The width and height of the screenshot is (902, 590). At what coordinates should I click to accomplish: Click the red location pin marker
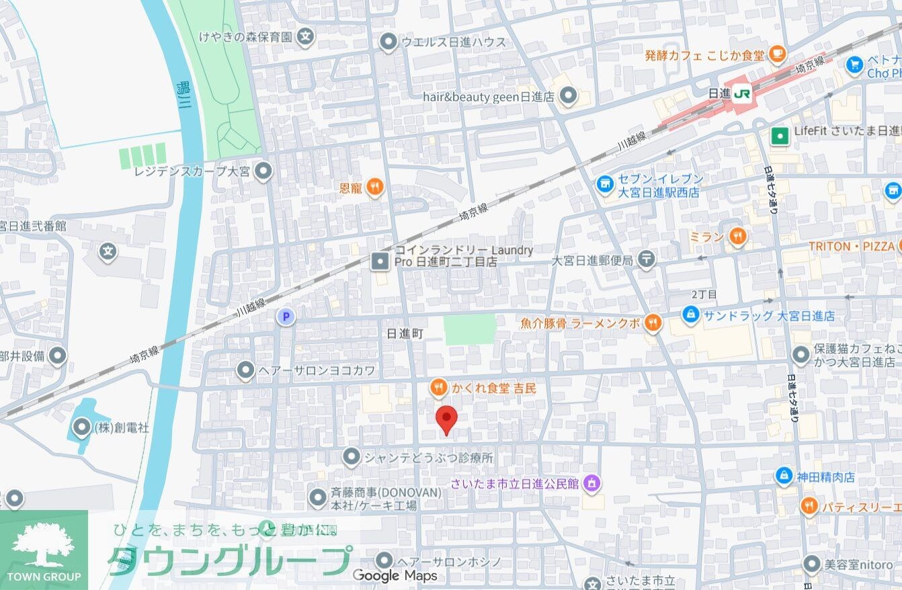pyautogui.click(x=446, y=419)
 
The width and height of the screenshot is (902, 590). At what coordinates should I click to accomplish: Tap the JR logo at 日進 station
pyautogui.click(x=742, y=95)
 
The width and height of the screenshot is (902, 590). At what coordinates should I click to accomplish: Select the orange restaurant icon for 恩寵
pyautogui.click(x=374, y=187)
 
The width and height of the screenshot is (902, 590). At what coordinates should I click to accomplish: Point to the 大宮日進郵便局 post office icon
pyautogui.click(x=646, y=259)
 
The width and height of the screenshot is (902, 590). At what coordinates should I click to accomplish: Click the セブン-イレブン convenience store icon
pyautogui.click(x=605, y=183)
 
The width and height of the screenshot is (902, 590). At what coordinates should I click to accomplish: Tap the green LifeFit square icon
pyautogui.click(x=780, y=135)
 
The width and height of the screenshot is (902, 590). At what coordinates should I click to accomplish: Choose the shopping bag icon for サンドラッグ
pyautogui.click(x=690, y=314)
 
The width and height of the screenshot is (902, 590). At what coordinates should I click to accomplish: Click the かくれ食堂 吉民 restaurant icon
pyautogui.click(x=438, y=387)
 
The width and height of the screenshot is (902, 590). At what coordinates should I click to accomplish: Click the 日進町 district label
pyautogui.click(x=405, y=334)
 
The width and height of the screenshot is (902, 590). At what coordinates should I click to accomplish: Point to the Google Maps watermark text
pyautogui.click(x=395, y=576)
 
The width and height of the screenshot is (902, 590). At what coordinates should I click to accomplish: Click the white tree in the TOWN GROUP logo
pyautogui.click(x=44, y=544)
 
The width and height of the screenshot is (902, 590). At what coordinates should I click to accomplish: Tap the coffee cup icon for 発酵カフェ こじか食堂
pyautogui.click(x=777, y=53)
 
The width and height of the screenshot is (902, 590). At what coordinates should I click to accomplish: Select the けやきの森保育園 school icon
pyautogui.click(x=306, y=36)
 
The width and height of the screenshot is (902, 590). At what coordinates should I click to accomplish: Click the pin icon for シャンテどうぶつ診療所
pyautogui.click(x=351, y=458)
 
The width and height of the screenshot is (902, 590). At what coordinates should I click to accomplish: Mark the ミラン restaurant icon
pyautogui.click(x=737, y=236)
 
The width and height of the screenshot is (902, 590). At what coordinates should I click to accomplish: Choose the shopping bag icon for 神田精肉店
pyautogui.click(x=784, y=476)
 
